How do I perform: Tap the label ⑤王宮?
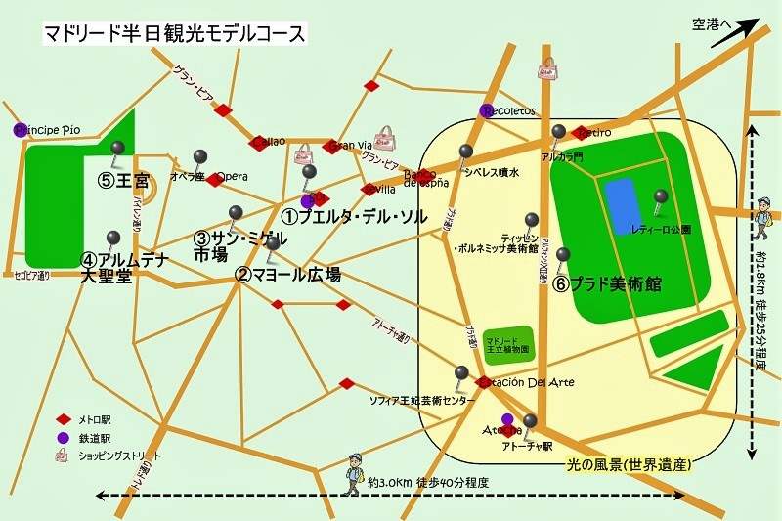coord(122,181)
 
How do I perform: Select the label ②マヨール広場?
coord(288,275)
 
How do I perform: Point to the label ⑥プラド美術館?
coord(608,284)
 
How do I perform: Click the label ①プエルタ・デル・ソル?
coord(354,217)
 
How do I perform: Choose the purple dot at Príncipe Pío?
coord(19,129)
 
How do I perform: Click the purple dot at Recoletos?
coord(486,109)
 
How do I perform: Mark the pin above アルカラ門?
coord(557,133)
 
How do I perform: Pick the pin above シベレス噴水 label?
coord(466,152)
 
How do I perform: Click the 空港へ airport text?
coord(710,22)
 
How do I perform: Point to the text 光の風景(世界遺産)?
coord(630,463)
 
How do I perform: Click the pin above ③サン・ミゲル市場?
coord(235,214)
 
